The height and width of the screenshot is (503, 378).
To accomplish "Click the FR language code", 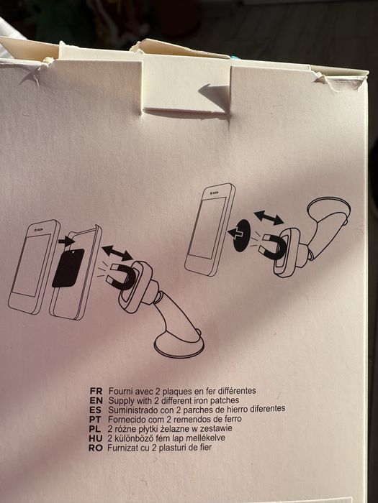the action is click(96, 392).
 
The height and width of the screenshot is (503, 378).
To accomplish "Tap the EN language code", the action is click(96, 401).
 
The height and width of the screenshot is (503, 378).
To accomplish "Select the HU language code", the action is click(96, 438).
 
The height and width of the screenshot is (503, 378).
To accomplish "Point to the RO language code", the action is click(96, 448).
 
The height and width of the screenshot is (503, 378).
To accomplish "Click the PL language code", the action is click(95, 429).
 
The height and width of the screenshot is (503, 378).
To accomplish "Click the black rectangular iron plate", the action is click(68, 267).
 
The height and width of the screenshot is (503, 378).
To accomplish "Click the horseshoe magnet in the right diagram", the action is click(274, 246).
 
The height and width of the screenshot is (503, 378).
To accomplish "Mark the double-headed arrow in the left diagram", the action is click(117, 253).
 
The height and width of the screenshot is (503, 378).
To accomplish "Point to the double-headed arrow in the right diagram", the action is click(269, 218).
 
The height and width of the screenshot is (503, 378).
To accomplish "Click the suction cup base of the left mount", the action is click(179, 346).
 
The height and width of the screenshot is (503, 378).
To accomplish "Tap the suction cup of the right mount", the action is click(330, 210).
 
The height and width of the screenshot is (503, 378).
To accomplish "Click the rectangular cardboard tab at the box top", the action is click(186, 86).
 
